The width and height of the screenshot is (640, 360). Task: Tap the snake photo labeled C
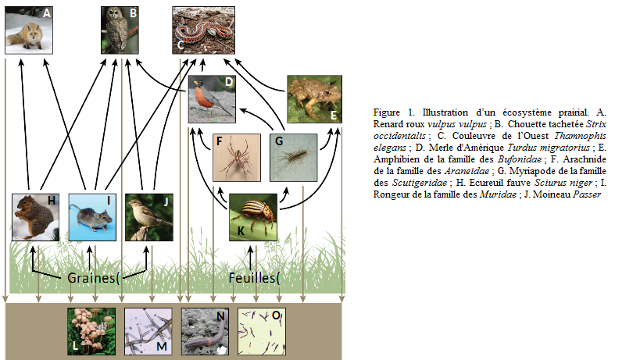(x=204, y=29)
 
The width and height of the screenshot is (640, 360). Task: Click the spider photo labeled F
(x=237, y=157)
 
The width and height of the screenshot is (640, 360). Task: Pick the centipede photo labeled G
(x=293, y=157)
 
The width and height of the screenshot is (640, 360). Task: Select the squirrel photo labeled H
(x=36, y=216)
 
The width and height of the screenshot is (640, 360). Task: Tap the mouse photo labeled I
(x=92, y=216)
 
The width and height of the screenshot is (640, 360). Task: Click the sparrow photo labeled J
(x=148, y=216)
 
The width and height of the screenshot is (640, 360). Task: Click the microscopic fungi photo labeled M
(x=148, y=330)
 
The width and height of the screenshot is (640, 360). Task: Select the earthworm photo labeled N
(x=205, y=330)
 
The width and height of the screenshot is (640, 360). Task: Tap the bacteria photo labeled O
(x=261, y=330)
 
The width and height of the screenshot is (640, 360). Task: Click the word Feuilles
(x=251, y=278)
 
